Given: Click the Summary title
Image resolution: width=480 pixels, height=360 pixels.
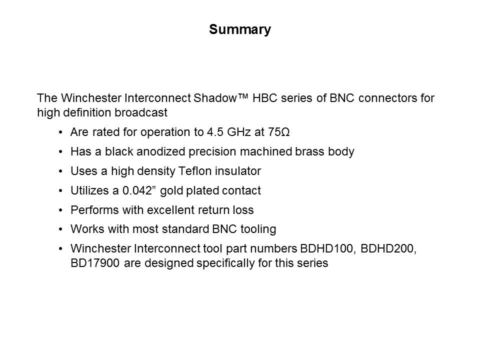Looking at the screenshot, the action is [x=240, y=30].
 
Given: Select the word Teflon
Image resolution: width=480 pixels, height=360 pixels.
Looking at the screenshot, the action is [x=194, y=171].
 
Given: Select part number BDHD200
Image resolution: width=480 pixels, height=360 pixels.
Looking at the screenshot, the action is [x=388, y=248].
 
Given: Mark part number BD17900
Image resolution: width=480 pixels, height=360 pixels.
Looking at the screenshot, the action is [x=95, y=263].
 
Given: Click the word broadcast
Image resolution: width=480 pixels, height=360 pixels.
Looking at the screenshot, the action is [x=141, y=112].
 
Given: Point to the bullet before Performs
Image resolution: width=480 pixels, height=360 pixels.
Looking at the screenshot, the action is [x=60, y=210].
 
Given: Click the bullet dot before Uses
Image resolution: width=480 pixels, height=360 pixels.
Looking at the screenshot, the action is [x=60, y=171].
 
